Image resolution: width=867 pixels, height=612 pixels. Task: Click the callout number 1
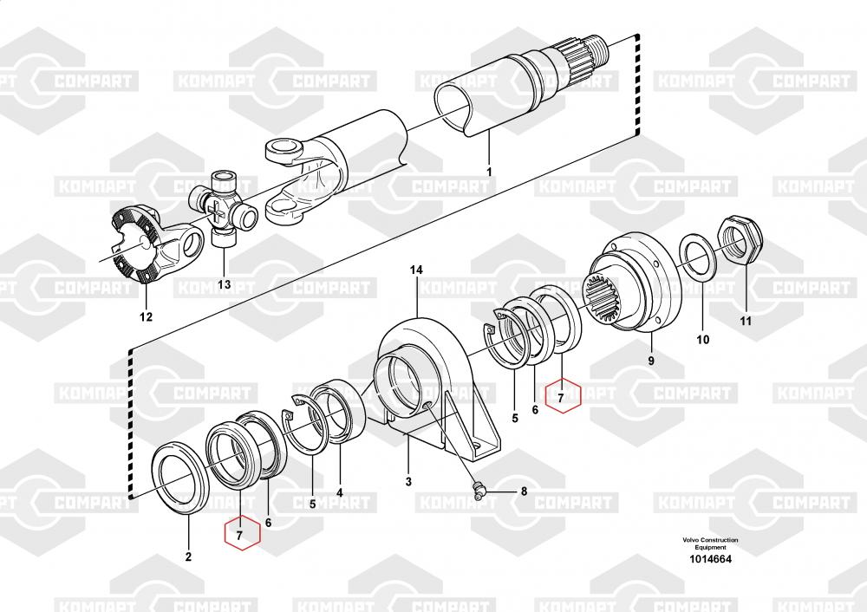(x=489, y=173)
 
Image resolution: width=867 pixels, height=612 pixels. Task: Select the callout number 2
(x=188, y=557)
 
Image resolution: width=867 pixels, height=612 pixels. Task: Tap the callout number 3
(x=408, y=481)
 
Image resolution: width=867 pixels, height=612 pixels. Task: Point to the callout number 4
(x=340, y=492)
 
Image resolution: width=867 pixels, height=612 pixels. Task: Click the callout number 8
(x=525, y=491)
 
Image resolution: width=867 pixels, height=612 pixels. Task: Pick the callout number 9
(x=651, y=361)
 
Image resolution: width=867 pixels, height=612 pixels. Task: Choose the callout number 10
(x=703, y=340)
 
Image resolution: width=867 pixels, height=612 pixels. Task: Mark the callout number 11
(x=746, y=321)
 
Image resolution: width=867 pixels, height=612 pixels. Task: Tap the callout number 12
(x=146, y=316)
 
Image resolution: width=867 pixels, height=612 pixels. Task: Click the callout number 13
(x=224, y=284)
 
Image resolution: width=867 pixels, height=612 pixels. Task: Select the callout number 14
(x=416, y=270)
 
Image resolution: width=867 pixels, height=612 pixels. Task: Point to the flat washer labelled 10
(x=700, y=255)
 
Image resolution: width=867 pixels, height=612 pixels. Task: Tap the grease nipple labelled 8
(x=479, y=488)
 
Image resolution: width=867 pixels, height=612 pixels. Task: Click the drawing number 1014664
(x=710, y=559)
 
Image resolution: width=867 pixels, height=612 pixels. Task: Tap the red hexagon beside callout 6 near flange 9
(x=563, y=396)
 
